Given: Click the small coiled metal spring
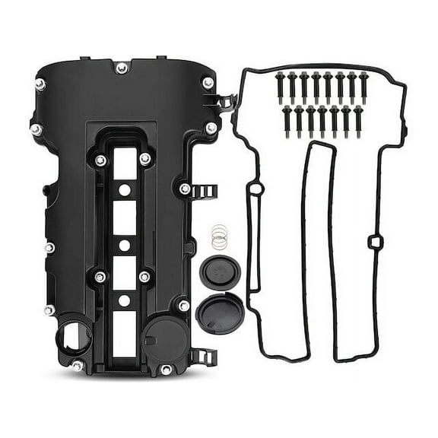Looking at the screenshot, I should pyautogui.click(x=219, y=238).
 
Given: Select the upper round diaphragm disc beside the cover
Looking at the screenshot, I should pyautogui.click(x=218, y=271).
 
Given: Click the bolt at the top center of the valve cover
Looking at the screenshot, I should pyautogui.click(x=122, y=68).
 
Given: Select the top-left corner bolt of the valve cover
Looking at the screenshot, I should pyautogui.click(x=40, y=84).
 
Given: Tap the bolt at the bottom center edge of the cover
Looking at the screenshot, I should pyautogui.click(x=166, y=370).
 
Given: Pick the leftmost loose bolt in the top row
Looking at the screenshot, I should pyautogui.click(x=280, y=86).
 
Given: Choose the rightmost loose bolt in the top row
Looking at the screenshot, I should pyautogui.click(x=363, y=86).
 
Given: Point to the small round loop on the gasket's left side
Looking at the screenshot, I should pyautogui.click(x=256, y=189).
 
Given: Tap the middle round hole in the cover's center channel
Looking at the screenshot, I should pyautogui.click(x=123, y=246).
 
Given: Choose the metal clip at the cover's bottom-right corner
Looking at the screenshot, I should pyautogui.click(x=200, y=355).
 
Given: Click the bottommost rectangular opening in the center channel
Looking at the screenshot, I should pyautogui.click(x=124, y=335).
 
